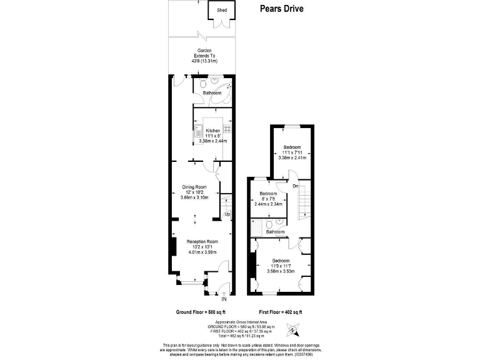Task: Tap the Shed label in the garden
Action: click(222, 11)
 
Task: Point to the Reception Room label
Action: click(202, 241)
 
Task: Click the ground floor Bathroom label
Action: click(212, 93)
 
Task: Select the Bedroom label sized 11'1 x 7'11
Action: click(292, 147)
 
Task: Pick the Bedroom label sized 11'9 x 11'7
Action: click(280, 260)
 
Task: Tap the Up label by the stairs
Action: click(227, 214)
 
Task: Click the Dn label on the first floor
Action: click(295, 186)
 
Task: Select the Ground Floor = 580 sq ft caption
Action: click(200, 311)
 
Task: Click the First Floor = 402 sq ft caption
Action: click(280, 311)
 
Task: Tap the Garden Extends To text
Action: click(204, 56)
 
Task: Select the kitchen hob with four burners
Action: click(227, 129)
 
